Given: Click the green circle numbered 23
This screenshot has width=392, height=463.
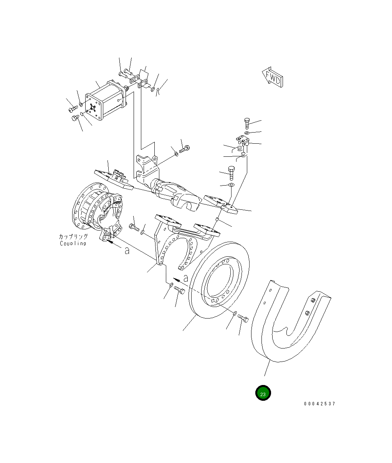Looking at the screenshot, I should pos(263,393).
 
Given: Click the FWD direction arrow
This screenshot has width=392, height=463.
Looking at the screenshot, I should pos(273,77).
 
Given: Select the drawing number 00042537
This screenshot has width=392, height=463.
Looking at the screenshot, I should pos(319,404).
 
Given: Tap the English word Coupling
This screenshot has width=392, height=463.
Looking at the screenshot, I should pos(73,243).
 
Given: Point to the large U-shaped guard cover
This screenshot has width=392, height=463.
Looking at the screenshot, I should pos(288,323).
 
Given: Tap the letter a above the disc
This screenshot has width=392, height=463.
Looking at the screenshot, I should pos(186,278).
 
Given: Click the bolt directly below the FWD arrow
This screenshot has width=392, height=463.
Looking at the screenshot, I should pos(247,123).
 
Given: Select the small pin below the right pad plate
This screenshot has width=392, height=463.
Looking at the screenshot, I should pos(217,219).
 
